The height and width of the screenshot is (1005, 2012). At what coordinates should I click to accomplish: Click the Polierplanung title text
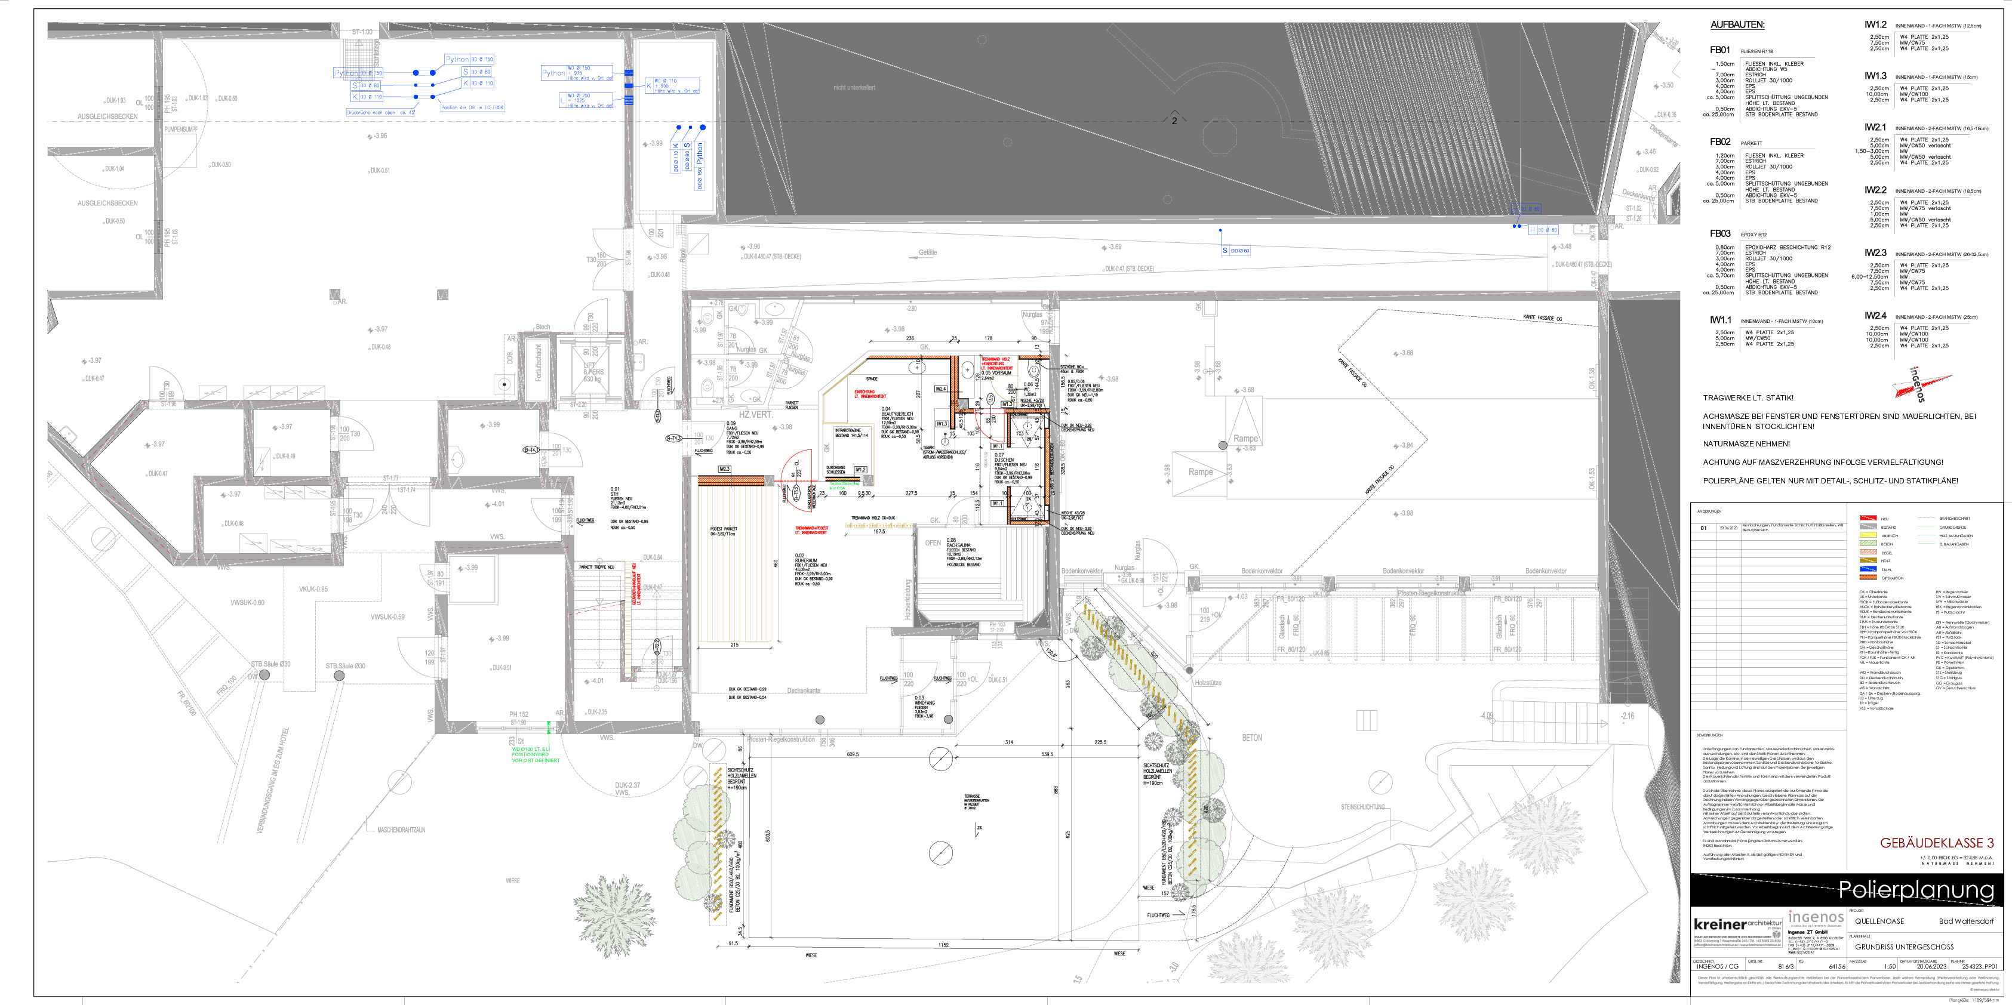pos(1915,889)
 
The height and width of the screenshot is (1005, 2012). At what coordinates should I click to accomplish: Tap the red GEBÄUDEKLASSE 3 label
pos(1936,843)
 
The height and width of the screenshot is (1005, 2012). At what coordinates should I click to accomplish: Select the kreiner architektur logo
pos(1738,931)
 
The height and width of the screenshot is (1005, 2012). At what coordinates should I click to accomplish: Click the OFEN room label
pos(933,542)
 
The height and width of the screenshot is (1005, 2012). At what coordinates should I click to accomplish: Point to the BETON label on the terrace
pos(1251,737)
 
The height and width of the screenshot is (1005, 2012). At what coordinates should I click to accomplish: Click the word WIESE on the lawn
pos(512,881)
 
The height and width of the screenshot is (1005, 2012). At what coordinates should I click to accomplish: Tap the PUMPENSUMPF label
pos(180,130)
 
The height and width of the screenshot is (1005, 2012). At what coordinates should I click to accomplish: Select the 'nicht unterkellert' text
pos(854,88)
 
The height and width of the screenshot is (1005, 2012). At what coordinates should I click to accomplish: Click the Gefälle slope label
pos(927,252)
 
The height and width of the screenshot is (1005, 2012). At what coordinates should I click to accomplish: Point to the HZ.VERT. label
pos(755,415)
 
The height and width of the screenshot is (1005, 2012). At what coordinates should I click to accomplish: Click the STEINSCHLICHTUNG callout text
pos(1362,807)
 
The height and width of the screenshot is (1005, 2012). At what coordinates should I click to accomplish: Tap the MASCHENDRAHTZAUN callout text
pos(401,830)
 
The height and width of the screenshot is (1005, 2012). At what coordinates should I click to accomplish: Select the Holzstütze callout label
pos(1208,683)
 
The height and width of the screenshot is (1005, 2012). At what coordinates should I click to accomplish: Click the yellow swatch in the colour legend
pos(1868,535)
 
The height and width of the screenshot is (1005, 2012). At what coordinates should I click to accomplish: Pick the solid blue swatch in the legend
pos(1868,569)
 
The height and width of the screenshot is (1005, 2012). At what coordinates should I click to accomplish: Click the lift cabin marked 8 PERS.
pos(592,371)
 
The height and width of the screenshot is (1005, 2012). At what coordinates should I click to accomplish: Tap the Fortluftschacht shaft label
pos(538,363)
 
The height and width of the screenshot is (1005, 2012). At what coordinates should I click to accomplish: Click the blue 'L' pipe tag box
pos(562,100)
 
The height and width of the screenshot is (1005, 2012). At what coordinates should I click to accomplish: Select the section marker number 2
pos(1173,121)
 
